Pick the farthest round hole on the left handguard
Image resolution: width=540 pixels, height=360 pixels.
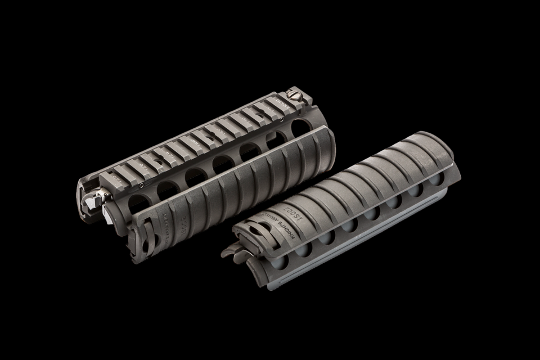point(300,127)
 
